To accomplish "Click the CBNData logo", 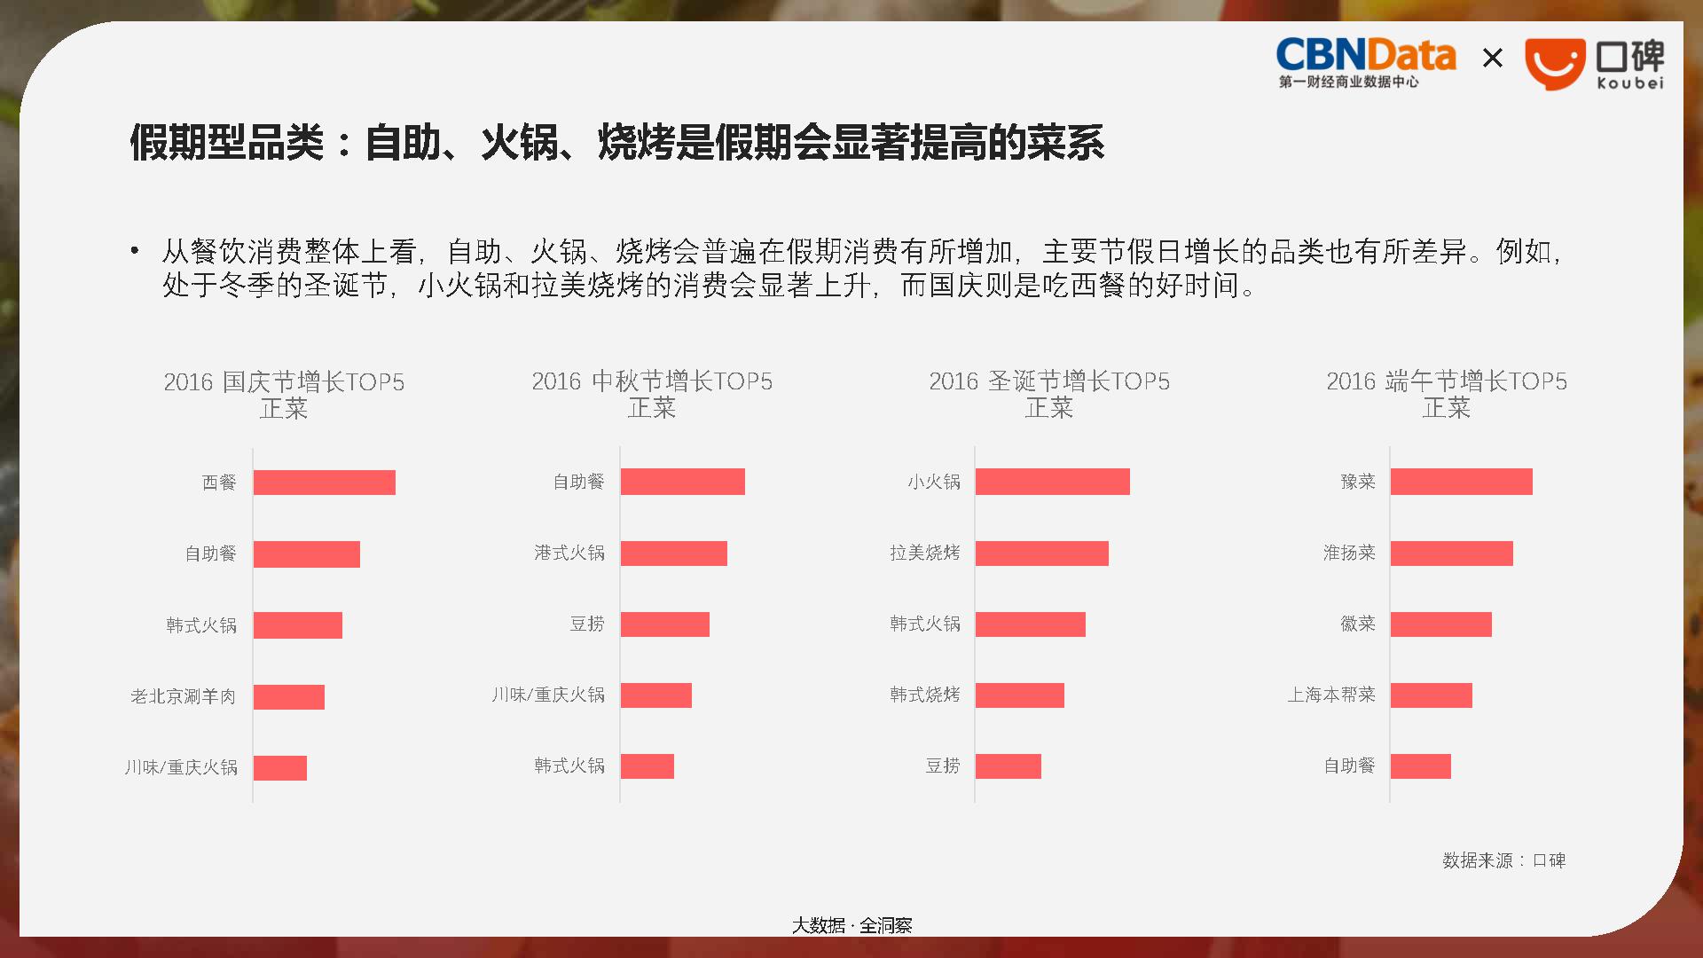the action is pyautogui.click(x=1366, y=63).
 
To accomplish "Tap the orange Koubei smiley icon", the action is pyautogui.click(x=1555, y=64).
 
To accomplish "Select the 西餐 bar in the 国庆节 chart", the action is pyautogui.click(x=325, y=483).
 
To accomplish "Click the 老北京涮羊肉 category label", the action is pyautogui.click(x=184, y=696).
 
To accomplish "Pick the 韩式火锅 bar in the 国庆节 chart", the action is pyautogui.click(x=298, y=625).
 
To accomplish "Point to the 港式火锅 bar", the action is pyautogui.click(x=674, y=554).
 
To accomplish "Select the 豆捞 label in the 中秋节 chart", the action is pyautogui.click(x=587, y=624).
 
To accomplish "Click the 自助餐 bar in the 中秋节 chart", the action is pyautogui.click(x=683, y=482).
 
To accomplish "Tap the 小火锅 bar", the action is pyautogui.click(x=1053, y=482).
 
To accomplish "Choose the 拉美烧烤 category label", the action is pyautogui.click(x=925, y=554).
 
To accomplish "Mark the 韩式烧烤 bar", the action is pyautogui.click(x=1020, y=695).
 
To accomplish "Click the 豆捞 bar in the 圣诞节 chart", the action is pyautogui.click(x=1008, y=766).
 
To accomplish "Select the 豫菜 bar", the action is pyautogui.click(x=1462, y=482).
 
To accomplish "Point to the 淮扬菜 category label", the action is pyautogui.click(x=1349, y=554).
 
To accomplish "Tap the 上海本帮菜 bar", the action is pyautogui.click(x=1432, y=695).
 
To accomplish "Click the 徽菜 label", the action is pyautogui.click(x=1358, y=624).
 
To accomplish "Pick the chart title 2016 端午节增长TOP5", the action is pyautogui.click(x=1447, y=381).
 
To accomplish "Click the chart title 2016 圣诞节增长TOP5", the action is pyautogui.click(x=1049, y=381).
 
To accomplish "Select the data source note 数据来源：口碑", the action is pyautogui.click(x=1504, y=860).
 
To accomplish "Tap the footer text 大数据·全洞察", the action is pyautogui.click(x=851, y=926).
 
